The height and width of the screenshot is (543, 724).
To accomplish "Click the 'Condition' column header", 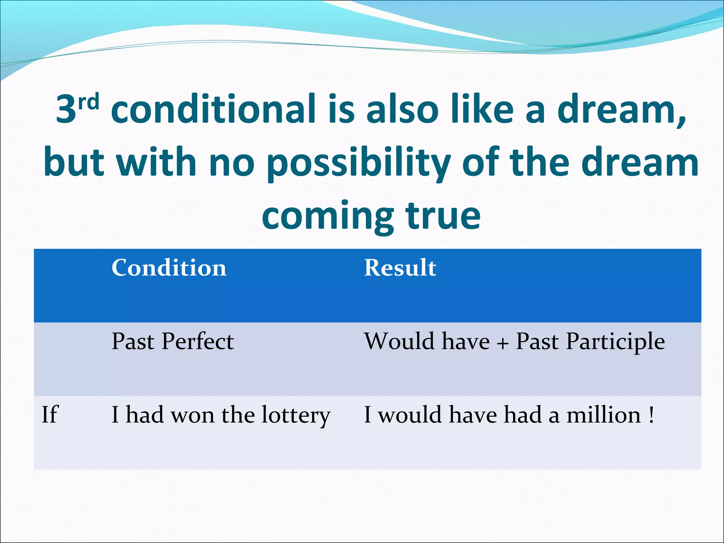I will [169, 268].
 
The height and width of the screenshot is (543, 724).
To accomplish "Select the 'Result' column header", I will [400, 268].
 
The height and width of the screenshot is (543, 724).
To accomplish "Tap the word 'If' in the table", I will [49, 414].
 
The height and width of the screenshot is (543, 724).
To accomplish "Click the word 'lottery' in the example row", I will [296, 415].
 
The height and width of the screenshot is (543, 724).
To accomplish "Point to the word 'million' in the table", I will [603, 414].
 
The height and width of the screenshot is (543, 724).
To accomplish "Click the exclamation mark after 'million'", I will [651, 414].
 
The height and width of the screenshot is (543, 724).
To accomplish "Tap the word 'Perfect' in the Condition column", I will [198, 341].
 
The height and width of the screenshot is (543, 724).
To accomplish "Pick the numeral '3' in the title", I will [66, 110].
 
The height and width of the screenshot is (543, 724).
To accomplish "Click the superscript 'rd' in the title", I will [88, 103].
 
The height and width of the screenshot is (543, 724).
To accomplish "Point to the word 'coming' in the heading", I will [327, 216].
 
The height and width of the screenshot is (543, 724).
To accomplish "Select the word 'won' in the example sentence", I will [193, 415].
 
